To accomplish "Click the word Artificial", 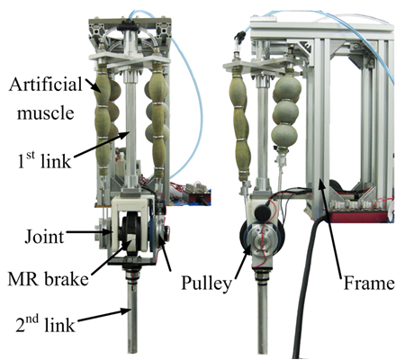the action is (x=45, y=85).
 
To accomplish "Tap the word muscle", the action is (x=45, y=113).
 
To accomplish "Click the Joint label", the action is (x=44, y=237).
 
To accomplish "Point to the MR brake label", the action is (x=48, y=279).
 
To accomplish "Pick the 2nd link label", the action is (x=45, y=323).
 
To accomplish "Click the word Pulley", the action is (x=206, y=283).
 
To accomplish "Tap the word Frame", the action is (x=369, y=283).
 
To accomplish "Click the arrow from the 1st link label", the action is (x=103, y=144).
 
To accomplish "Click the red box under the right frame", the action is (x=358, y=215).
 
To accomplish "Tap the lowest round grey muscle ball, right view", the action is (x=284, y=136).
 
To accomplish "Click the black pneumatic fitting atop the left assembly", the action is (x=129, y=27).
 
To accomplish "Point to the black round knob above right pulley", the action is (x=263, y=212).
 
